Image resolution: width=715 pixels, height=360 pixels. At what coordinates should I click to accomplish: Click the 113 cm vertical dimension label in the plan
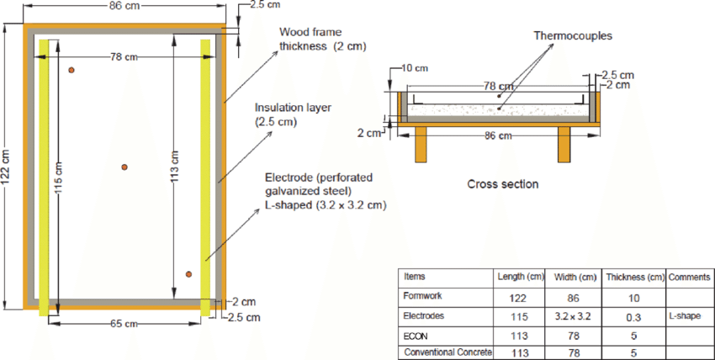click(175, 168)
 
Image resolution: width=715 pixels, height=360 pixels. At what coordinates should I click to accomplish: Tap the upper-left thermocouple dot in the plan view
click(71, 70)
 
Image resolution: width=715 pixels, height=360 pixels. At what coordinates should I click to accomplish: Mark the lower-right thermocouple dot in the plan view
click(189, 274)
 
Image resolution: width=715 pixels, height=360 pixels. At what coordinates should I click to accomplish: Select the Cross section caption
click(502, 184)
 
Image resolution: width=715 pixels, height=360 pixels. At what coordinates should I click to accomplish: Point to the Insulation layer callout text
click(289, 115)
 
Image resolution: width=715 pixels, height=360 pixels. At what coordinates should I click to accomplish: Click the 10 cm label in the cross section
click(413, 67)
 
